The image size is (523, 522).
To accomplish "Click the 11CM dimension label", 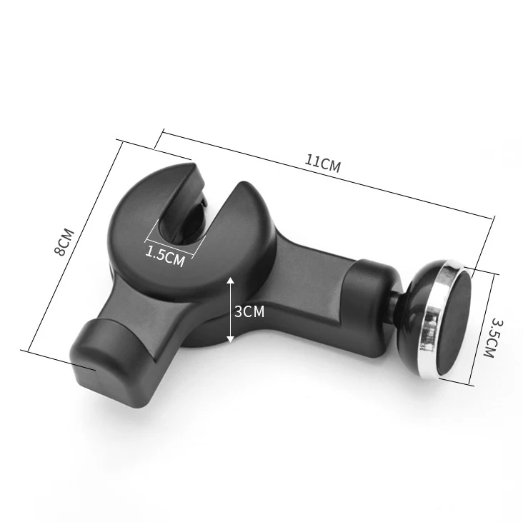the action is (322, 164).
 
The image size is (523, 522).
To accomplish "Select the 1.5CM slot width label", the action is (165, 256).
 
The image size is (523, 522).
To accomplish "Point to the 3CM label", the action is (249, 311).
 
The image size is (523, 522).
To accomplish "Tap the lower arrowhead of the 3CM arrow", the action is (231, 339).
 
